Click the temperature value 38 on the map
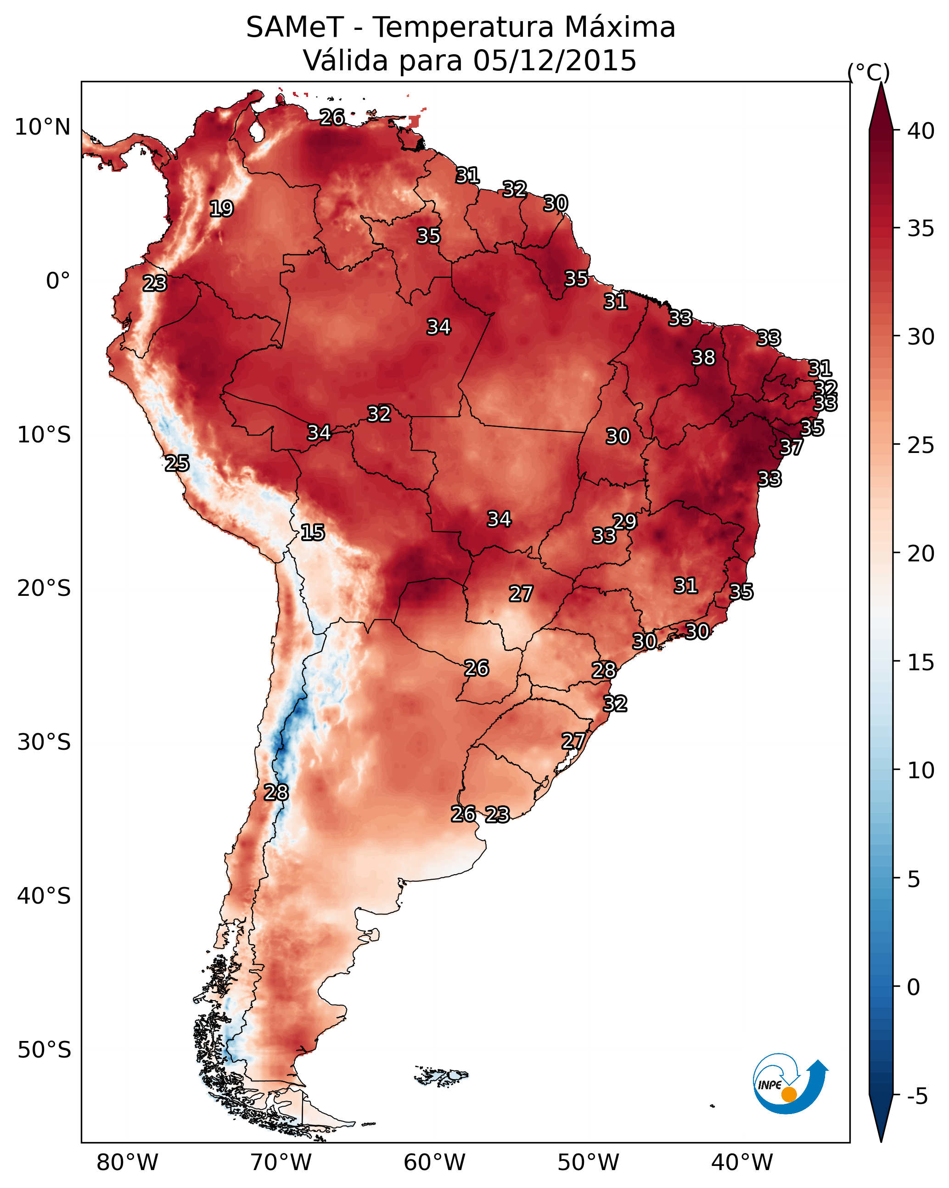[x=703, y=357]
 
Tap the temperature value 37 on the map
[x=792, y=447]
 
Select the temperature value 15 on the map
[x=312, y=532]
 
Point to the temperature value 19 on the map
[x=221, y=209]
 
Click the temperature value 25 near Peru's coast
[x=177, y=464]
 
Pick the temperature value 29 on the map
[x=624, y=521]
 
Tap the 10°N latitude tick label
[x=42, y=127]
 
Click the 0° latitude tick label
[x=58, y=281]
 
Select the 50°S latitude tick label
[x=44, y=1050]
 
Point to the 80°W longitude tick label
[x=127, y=1163]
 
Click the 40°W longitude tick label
[x=742, y=1163]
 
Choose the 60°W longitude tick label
[x=435, y=1163]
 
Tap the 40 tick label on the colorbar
[x=921, y=131]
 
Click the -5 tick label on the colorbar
[x=917, y=1097]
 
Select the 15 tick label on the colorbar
[x=921, y=662]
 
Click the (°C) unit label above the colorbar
[x=869, y=72]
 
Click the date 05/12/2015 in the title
[x=555, y=60]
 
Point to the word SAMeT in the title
[x=295, y=28]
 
